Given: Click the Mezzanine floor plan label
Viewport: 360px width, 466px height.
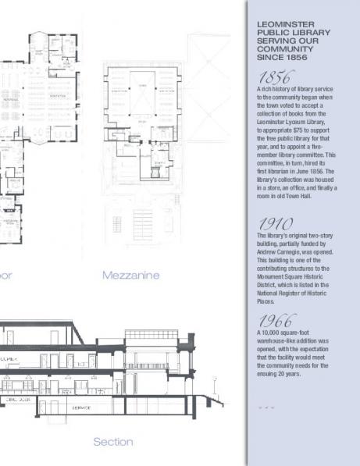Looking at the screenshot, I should tap(130, 275).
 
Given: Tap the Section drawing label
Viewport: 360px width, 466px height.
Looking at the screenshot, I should tap(113, 442).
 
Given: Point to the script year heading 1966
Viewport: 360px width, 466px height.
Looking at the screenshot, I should tap(275, 321).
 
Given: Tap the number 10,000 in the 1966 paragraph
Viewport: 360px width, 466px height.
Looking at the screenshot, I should tap(271, 333).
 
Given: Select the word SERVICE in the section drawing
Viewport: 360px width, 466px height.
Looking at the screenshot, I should tap(81, 407).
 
